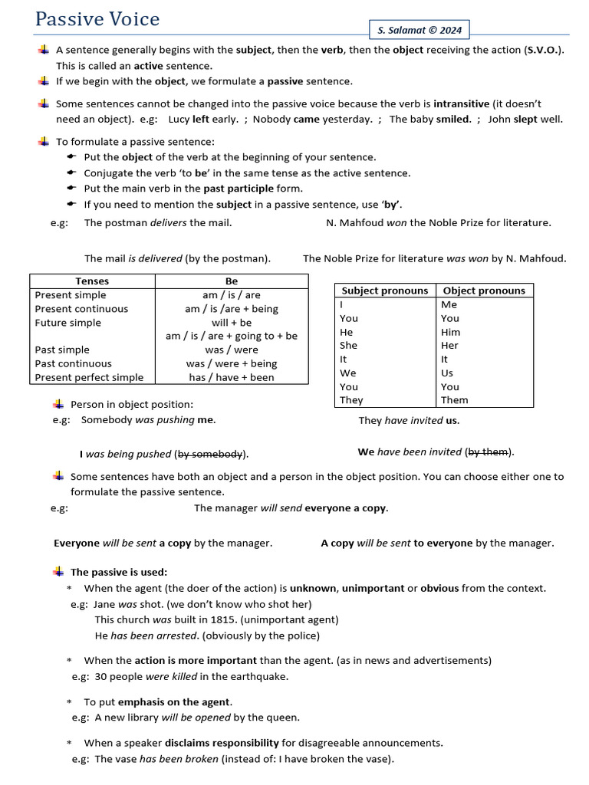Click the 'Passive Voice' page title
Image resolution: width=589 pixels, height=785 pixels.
[x=97, y=18]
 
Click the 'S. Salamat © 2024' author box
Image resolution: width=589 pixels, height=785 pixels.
[x=420, y=31]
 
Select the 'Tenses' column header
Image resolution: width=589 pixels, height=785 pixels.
[x=92, y=281]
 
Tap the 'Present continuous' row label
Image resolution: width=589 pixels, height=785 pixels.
[x=81, y=309]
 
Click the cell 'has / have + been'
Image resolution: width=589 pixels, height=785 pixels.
[x=232, y=377]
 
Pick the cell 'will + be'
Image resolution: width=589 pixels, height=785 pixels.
[x=232, y=323]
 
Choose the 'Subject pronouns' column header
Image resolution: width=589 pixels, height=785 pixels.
[x=385, y=291]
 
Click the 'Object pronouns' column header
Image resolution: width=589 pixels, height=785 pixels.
[x=484, y=291]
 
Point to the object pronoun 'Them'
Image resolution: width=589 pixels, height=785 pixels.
[x=455, y=400]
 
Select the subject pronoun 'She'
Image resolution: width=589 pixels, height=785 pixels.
[x=348, y=346]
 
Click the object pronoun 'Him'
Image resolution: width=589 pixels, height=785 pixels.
[x=451, y=332]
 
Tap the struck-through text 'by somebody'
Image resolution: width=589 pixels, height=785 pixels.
[x=211, y=454]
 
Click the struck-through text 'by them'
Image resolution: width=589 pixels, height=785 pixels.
[x=488, y=452]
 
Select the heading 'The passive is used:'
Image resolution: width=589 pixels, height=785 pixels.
[x=119, y=572]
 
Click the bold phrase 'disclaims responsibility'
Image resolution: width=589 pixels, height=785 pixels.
[x=222, y=743]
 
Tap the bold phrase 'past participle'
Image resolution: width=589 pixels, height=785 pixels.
[x=238, y=189]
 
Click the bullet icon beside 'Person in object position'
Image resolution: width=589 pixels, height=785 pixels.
[x=58, y=404]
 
